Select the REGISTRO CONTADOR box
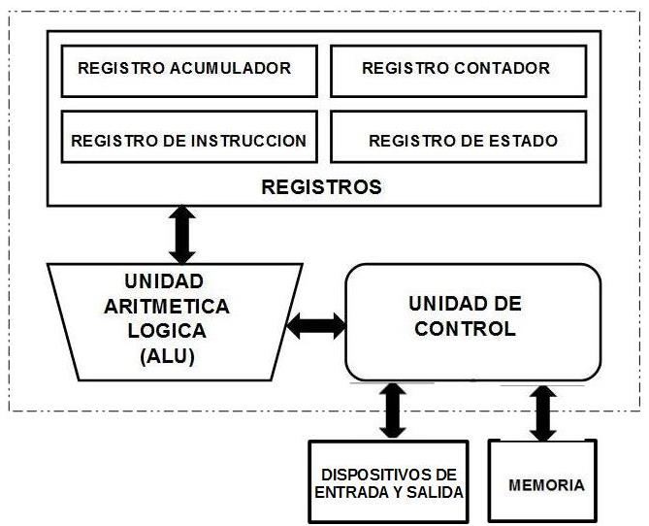tap(455, 70)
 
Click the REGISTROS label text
tap(321, 186)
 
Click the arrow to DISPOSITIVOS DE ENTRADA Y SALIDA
tap(393, 411)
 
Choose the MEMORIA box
tap(546, 482)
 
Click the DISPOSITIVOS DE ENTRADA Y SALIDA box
tap(388, 482)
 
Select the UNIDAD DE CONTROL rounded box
tap(473, 320)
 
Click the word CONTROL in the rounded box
tap(465, 329)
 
